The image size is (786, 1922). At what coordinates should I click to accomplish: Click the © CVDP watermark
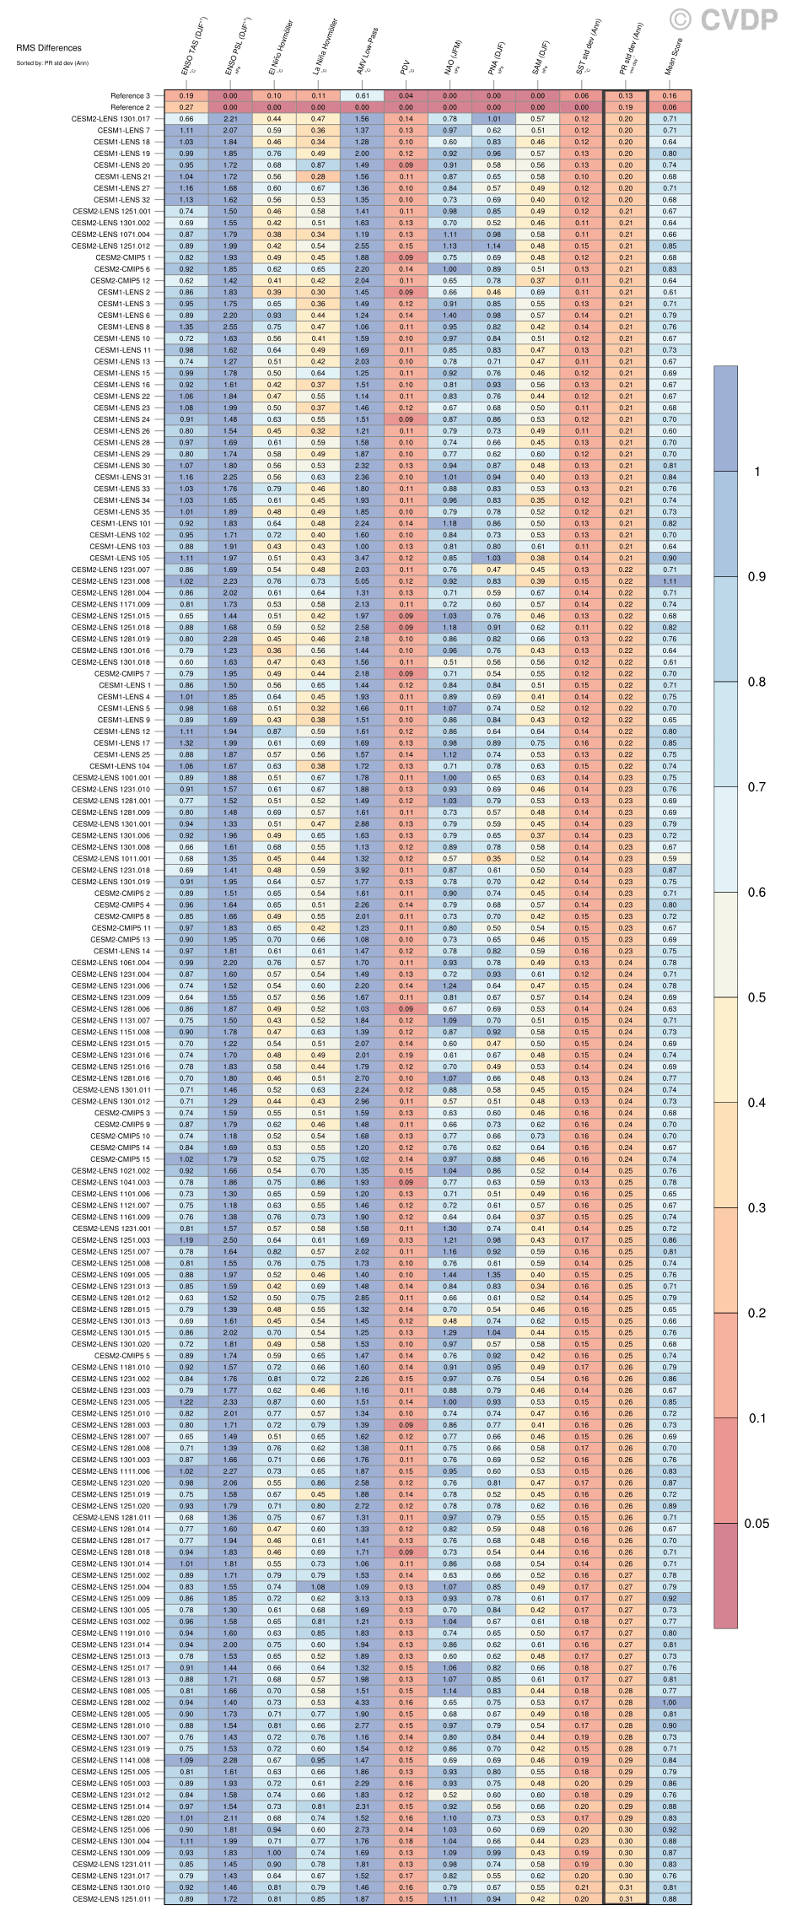click(x=723, y=19)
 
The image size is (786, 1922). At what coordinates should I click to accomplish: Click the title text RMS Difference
click(x=49, y=48)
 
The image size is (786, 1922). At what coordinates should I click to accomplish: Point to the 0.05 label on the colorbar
click(x=756, y=1523)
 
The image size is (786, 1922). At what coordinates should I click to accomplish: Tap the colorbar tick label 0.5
click(x=756, y=997)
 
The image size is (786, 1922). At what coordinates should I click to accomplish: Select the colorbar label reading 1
click(x=756, y=471)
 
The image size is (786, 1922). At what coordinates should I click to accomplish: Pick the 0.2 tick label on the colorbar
click(x=756, y=1313)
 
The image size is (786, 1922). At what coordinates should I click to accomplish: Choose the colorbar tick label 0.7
click(x=756, y=786)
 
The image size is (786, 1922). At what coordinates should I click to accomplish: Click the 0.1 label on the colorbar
click(x=756, y=1418)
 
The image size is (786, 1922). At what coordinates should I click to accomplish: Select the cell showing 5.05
click(x=362, y=580)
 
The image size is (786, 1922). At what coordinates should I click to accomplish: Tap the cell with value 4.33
click(x=362, y=1702)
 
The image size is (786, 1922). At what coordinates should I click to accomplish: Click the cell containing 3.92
click(x=362, y=870)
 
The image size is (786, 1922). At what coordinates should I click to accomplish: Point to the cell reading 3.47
click(x=362, y=558)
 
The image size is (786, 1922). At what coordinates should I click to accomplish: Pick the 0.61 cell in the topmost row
click(x=362, y=96)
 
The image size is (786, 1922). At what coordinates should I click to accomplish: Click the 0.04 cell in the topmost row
click(x=406, y=96)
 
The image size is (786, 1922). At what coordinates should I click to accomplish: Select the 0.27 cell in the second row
click(x=186, y=107)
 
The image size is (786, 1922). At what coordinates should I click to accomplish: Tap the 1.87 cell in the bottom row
click(x=362, y=1898)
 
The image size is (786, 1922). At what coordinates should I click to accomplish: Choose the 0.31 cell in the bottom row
click(x=625, y=1898)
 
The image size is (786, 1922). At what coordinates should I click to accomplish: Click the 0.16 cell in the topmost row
click(x=670, y=96)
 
